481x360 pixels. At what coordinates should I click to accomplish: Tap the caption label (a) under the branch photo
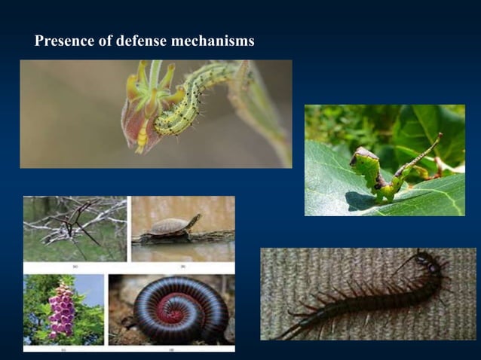(x=74, y=267)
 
